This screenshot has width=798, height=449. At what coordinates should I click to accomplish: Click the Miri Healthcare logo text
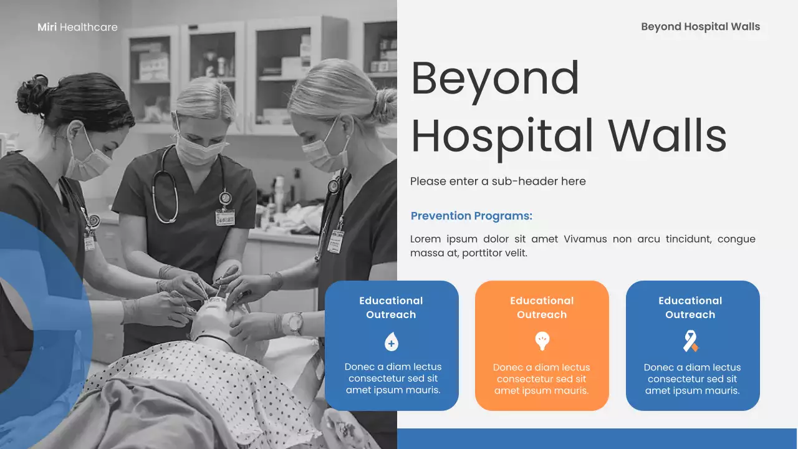[77, 27]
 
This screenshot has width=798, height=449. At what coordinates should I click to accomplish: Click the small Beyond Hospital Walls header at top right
[700, 26]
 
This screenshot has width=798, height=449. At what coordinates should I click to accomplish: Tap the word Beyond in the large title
[495, 79]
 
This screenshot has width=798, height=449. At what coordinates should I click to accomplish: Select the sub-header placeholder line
[498, 181]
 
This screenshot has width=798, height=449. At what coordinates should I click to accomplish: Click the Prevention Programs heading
[471, 216]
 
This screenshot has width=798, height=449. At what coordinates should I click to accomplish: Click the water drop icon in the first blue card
[392, 342]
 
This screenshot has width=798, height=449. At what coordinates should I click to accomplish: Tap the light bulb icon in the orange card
[542, 340]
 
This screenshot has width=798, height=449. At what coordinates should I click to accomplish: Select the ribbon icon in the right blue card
[690, 341]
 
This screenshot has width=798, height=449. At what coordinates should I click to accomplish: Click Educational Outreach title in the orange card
[542, 307]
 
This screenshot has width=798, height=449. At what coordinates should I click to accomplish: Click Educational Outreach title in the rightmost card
[690, 307]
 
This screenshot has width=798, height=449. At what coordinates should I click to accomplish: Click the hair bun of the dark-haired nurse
[31, 94]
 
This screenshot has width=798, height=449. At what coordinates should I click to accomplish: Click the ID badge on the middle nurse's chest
[225, 216]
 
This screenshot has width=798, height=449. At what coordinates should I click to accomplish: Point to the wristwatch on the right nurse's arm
[295, 323]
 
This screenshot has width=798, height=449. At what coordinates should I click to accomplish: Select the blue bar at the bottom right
[597, 438]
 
